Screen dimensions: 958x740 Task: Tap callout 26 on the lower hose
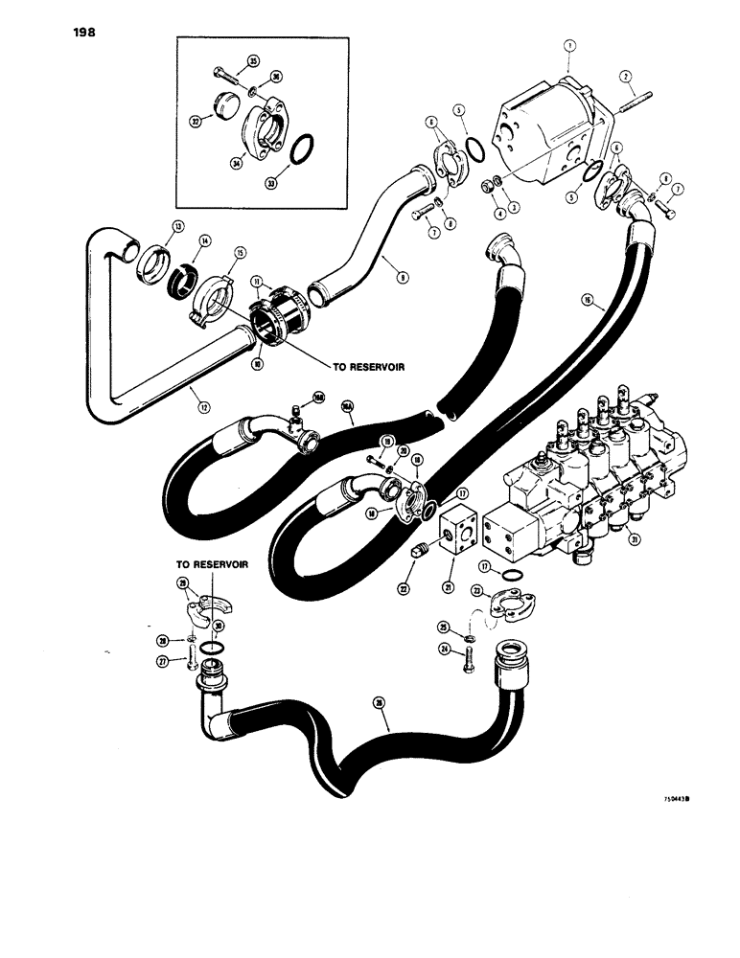pos(380,703)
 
